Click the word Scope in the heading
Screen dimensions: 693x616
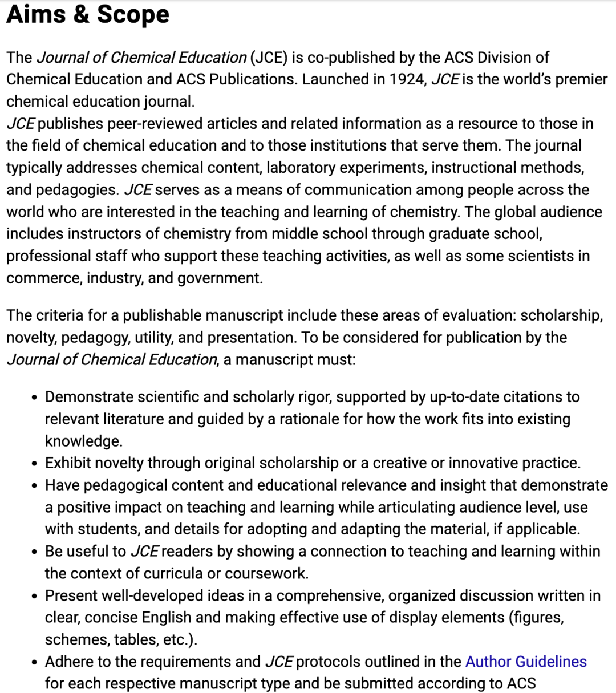(133, 14)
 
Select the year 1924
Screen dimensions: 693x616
(407, 79)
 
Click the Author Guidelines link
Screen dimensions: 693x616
(526, 662)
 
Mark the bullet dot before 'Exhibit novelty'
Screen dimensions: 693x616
(35, 464)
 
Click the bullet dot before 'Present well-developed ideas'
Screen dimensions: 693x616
(35, 597)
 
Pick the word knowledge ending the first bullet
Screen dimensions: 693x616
(83, 441)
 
